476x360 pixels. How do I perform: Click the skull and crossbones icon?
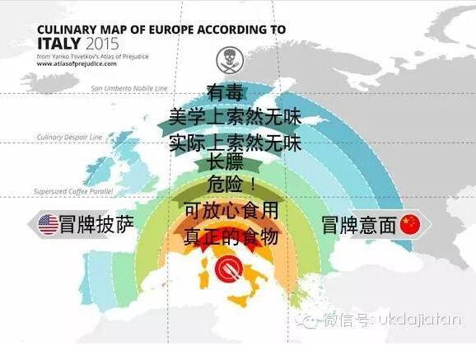pos(226,57)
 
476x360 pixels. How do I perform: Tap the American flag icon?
pos(49,223)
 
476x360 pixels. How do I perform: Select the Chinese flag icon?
pos(409,224)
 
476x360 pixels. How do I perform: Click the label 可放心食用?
pos(231,211)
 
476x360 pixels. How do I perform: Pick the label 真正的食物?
pos(231,237)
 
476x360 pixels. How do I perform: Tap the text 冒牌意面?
pos(359,224)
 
